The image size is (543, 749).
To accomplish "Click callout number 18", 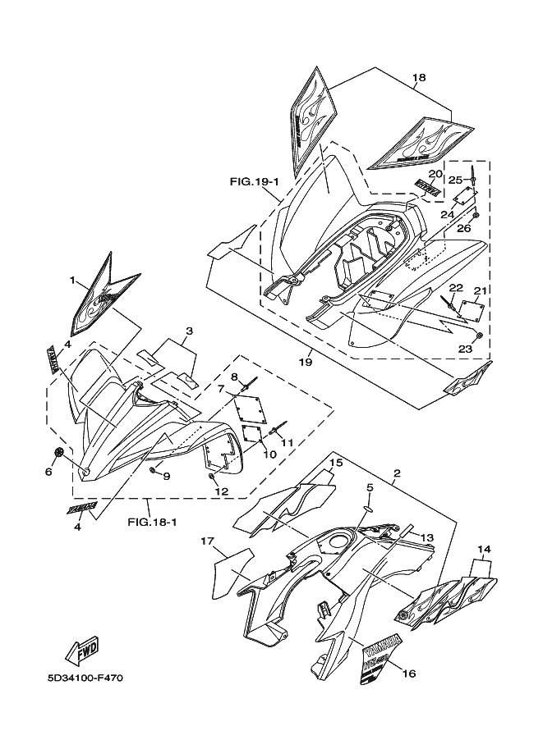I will point(419,78).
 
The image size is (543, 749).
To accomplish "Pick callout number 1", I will point(72,281).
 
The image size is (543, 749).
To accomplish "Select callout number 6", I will point(48,472).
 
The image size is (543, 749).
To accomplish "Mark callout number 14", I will point(484,549).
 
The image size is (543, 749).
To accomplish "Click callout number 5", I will point(370,487).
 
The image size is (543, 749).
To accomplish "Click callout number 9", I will point(166,476).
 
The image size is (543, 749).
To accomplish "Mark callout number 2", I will point(396,474).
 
